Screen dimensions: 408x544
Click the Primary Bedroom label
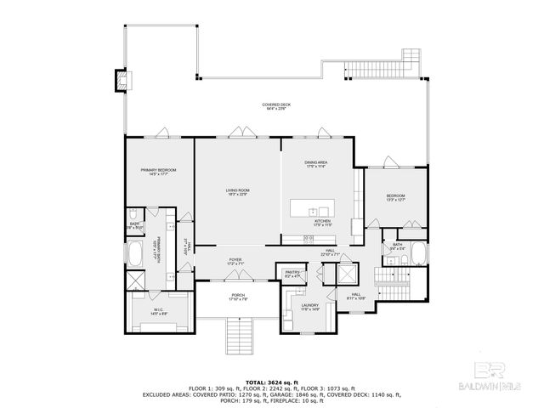(159, 172)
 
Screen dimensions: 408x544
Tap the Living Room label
(237, 191)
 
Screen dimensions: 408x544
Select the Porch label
(237, 297)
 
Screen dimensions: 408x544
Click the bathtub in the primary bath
(136, 254)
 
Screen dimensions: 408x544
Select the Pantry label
(292, 275)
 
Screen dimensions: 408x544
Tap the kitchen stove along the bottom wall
(309, 239)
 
